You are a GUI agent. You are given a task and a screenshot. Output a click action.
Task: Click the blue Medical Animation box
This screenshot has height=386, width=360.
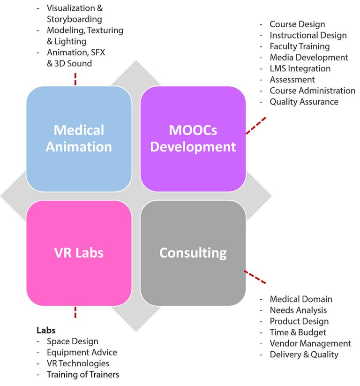[x=79, y=138]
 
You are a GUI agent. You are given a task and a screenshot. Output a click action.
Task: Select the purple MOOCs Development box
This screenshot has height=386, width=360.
[x=193, y=138]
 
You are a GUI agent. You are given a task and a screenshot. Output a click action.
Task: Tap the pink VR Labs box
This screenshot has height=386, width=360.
[x=79, y=253]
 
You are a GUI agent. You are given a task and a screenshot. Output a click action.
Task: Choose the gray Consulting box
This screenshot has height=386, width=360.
[x=193, y=253]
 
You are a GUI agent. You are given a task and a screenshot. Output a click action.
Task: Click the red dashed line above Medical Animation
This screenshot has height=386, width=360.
[x=75, y=79]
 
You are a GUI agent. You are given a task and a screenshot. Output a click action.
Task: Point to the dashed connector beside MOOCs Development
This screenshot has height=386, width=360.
[x=256, y=125]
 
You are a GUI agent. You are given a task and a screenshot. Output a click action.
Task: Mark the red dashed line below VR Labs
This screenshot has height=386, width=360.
[x=75, y=312]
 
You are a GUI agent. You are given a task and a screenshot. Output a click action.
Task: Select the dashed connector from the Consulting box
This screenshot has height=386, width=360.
[x=255, y=276]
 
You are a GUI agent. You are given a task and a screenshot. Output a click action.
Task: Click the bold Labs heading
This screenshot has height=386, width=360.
[x=46, y=330]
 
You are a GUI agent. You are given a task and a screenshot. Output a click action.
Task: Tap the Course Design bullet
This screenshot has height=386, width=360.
[x=297, y=24]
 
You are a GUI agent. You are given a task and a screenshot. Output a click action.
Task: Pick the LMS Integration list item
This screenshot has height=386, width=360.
[x=300, y=68]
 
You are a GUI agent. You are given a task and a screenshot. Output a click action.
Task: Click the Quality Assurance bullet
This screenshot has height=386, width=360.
[x=304, y=102]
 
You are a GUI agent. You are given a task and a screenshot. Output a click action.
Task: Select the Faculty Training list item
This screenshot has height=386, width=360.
[x=300, y=46]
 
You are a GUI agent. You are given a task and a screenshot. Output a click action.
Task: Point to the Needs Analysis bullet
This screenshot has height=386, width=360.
[x=298, y=310]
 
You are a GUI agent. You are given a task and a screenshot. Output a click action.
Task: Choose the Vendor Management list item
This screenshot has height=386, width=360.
[x=310, y=343]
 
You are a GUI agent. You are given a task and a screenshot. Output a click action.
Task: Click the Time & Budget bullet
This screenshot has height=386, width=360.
[x=298, y=332]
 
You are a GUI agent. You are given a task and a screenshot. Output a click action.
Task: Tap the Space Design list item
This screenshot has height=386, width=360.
[x=72, y=341]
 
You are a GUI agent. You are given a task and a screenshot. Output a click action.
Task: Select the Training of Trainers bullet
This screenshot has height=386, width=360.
[x=83, y=374]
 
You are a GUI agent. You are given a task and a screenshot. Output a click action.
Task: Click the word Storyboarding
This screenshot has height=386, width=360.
[x=74, y=19]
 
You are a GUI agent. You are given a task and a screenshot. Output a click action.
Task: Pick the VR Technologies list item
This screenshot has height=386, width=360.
[x=78, y=363]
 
